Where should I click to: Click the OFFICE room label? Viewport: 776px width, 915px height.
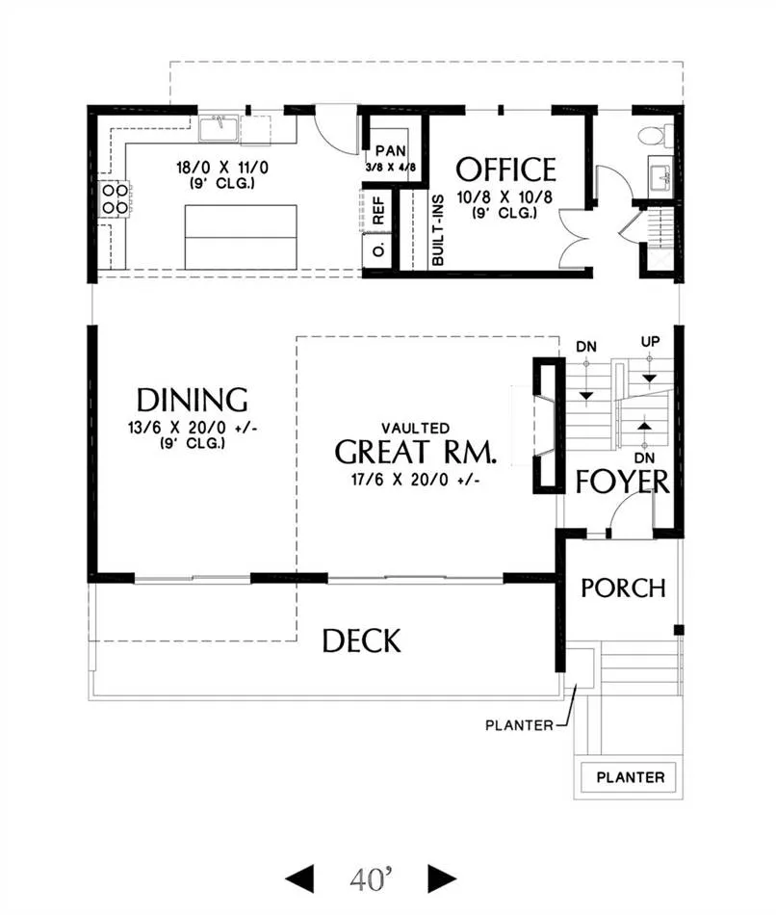[505, 170]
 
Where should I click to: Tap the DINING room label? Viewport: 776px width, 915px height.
[192, 401]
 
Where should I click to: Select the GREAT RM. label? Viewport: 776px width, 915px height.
[416, 452]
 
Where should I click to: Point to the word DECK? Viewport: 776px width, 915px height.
[362, 640]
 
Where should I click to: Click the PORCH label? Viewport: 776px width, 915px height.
[623, 588]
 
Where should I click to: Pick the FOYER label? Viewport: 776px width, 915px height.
[623, 482]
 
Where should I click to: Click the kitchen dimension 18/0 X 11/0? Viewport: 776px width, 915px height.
[222, 168]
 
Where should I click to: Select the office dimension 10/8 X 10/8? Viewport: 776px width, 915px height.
[504, 197]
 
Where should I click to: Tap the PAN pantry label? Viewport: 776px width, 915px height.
[390, 151]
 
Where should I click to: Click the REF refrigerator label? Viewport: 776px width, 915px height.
[378, 211]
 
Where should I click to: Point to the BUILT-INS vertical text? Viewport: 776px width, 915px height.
[438, 230]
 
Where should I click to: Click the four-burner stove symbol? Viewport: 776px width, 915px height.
[115, 198]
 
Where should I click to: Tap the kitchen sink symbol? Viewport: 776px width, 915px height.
[219, 129]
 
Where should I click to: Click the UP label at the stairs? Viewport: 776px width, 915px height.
[651, 342]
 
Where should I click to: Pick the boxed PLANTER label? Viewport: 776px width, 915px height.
[630, 777]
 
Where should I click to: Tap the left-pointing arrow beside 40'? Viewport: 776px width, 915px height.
[299, 878]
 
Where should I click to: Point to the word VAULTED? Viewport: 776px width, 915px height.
[415, 429]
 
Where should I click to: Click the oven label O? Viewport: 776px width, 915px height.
[379, 250]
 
